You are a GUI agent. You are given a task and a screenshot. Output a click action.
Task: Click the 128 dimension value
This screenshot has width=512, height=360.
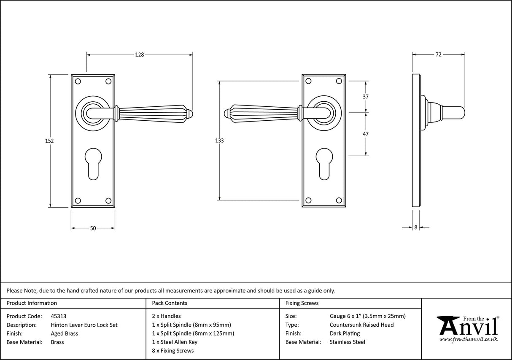pos(140,54)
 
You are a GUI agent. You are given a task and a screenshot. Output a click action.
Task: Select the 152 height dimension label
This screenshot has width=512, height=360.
pos(50,141)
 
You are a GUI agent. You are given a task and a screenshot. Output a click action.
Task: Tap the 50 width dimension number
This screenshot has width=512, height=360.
pos(93,228)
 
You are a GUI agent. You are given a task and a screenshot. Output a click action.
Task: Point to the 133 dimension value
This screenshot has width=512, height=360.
pos(219,141)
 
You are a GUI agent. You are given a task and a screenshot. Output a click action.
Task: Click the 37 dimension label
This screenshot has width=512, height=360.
pos(366,97)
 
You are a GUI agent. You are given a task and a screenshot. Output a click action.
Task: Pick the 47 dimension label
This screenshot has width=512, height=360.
pos(366,134)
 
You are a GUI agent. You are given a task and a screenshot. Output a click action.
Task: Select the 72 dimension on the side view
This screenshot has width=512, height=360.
pos(438,54)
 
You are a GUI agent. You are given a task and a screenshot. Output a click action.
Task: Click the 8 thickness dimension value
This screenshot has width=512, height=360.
pos(415,227)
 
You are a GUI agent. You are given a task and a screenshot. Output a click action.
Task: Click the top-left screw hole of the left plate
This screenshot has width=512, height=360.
pos(78,81)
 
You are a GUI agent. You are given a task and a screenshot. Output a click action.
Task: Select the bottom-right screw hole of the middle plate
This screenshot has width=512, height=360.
pos(339,200)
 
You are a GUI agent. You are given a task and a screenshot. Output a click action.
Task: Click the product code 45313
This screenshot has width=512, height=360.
pos(58,316)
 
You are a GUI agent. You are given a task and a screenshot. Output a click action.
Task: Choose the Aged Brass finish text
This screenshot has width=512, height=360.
pos(64,333)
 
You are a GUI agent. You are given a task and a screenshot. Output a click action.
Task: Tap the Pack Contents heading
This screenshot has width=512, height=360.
pos(170,303)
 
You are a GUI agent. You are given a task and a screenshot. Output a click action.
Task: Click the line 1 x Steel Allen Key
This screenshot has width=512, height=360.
pos(175,342)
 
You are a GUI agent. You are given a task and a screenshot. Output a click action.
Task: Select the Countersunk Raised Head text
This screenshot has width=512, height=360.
pos(361,325)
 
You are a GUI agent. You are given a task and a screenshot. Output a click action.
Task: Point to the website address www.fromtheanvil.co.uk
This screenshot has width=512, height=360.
pos(468,339)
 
